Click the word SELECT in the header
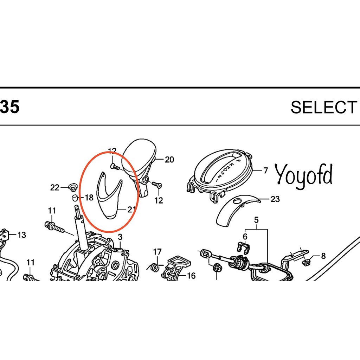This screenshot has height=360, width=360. click(324, 107)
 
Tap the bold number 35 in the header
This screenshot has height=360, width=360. click(9, 107)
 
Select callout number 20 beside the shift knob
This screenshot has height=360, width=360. click(169, 160)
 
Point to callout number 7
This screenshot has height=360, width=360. click(266, 171)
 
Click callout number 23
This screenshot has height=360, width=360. click(275, 199)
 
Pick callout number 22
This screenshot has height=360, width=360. click(54, 188)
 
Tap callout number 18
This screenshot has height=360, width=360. click(89, 198)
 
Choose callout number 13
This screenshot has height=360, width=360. click(21, 235)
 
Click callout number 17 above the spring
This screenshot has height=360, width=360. click(157, 252)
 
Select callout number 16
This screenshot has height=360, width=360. click(191, 276)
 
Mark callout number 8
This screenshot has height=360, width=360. click(323, 256)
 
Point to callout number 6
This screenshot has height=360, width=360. click(245, 236)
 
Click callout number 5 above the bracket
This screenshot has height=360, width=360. click(256, 220)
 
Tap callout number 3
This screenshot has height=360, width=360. click(120, 237)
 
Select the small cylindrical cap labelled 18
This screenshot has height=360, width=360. click(75, 198)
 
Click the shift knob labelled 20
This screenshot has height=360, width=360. click(139, 161)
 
